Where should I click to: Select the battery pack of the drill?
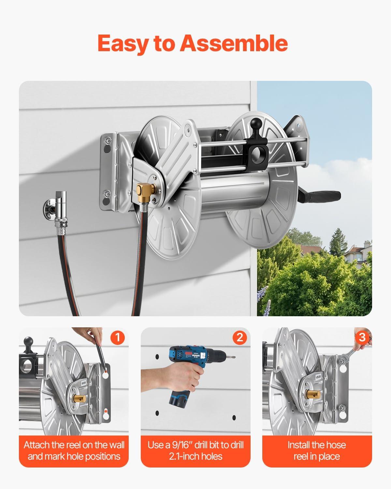pos(180,405)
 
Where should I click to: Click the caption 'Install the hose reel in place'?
pos(317,451)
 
